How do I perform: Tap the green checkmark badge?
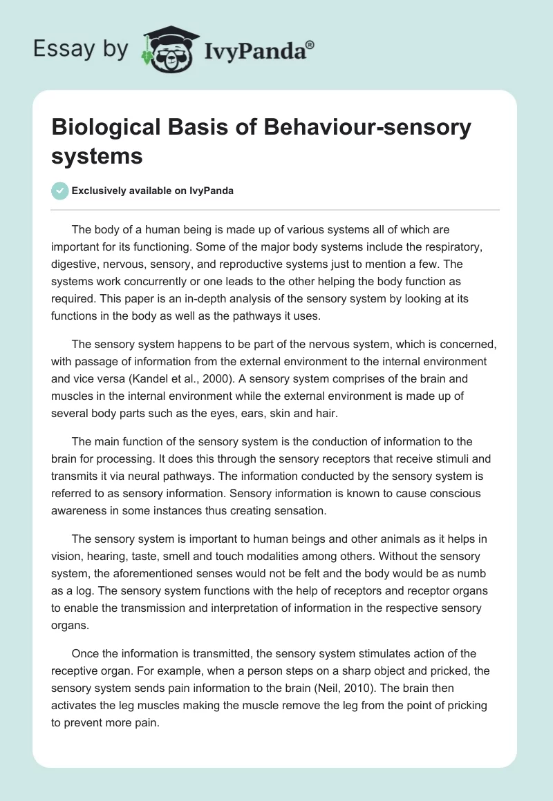[x=60, y=191]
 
